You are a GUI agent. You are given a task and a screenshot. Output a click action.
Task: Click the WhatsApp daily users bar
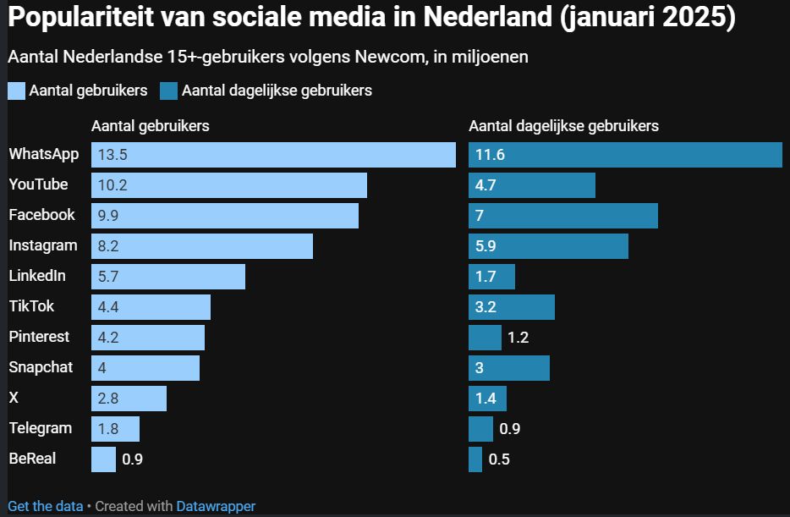click(625, 155)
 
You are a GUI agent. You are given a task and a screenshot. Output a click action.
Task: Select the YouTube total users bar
click(229, 185)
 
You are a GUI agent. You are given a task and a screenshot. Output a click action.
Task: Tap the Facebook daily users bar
click(563, 216)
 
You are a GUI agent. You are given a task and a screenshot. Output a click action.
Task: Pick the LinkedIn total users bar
click(168, 277)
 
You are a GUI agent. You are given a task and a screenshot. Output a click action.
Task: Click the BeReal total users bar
click(103, 459)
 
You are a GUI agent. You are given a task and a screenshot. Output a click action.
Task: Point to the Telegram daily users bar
click(480, 429)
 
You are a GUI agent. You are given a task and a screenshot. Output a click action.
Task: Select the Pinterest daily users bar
click(485, 338)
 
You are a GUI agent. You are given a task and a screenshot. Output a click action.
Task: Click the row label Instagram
click(43, 245)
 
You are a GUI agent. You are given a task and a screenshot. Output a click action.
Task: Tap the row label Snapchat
click(41, 367)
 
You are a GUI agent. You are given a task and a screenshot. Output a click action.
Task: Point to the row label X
click(14, 398)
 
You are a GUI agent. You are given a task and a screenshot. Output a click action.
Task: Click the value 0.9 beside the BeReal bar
click(133, 460)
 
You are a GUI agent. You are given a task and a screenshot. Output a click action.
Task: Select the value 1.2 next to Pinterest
click(518, 338)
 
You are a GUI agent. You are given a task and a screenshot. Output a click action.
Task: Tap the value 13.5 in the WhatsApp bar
click(112, 155)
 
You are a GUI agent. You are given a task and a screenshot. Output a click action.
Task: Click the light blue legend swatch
click(16, 91)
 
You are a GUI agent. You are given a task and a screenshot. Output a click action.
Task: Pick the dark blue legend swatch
click(168, 91)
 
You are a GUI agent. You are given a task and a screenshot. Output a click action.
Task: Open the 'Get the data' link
click(46, 506)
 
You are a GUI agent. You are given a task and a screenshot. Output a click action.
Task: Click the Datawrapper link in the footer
click(216, 506)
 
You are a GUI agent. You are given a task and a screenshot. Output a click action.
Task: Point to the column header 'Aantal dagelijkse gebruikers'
click(563, 126)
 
